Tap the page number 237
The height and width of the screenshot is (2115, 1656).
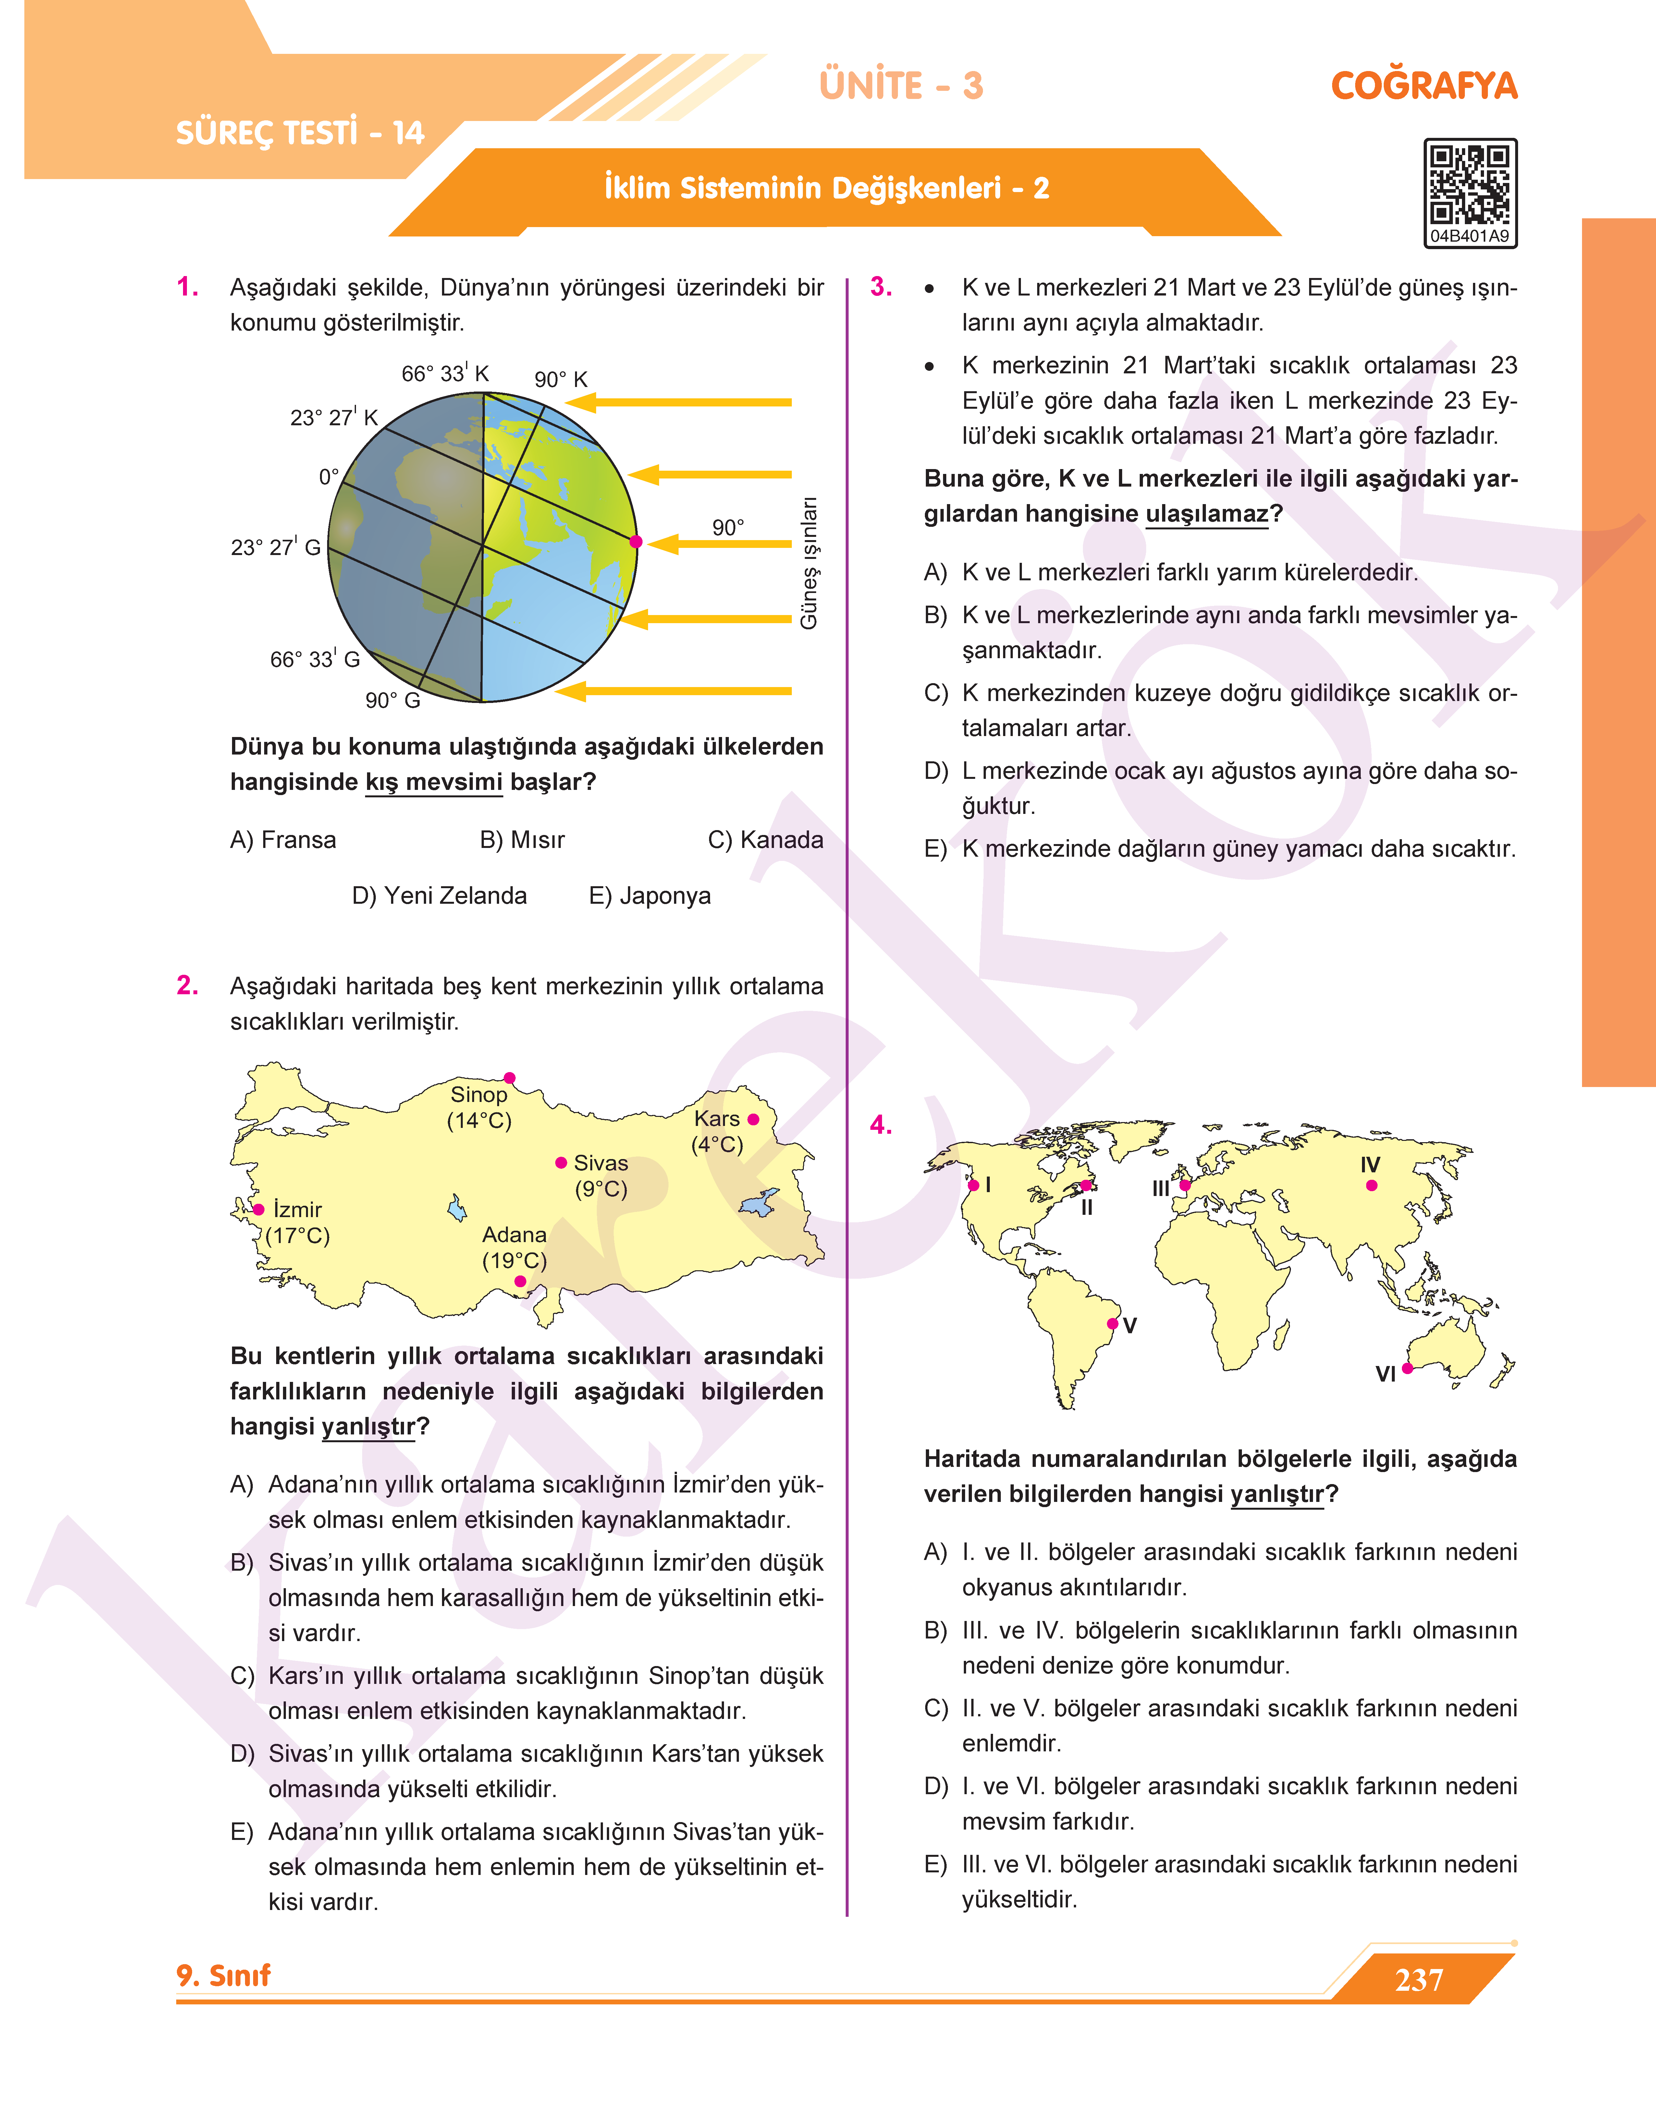[1418, 1979]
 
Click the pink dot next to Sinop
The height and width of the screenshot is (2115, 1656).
[510, 1078]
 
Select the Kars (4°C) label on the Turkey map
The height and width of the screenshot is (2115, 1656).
[718, 1131]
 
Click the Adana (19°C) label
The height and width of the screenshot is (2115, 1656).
[515, 1248]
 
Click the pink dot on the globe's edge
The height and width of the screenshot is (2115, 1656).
[636, 542]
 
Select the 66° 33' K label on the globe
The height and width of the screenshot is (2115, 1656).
[445, 373]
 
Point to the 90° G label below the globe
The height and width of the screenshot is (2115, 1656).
[393, 700]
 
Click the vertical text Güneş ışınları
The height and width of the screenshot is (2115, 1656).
[809, 563]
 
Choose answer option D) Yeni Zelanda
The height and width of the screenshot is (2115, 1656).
[439, 896]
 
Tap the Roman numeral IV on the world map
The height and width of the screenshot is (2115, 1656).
[1370, 1164]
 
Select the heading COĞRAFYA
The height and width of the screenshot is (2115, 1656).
[1423, 85]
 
